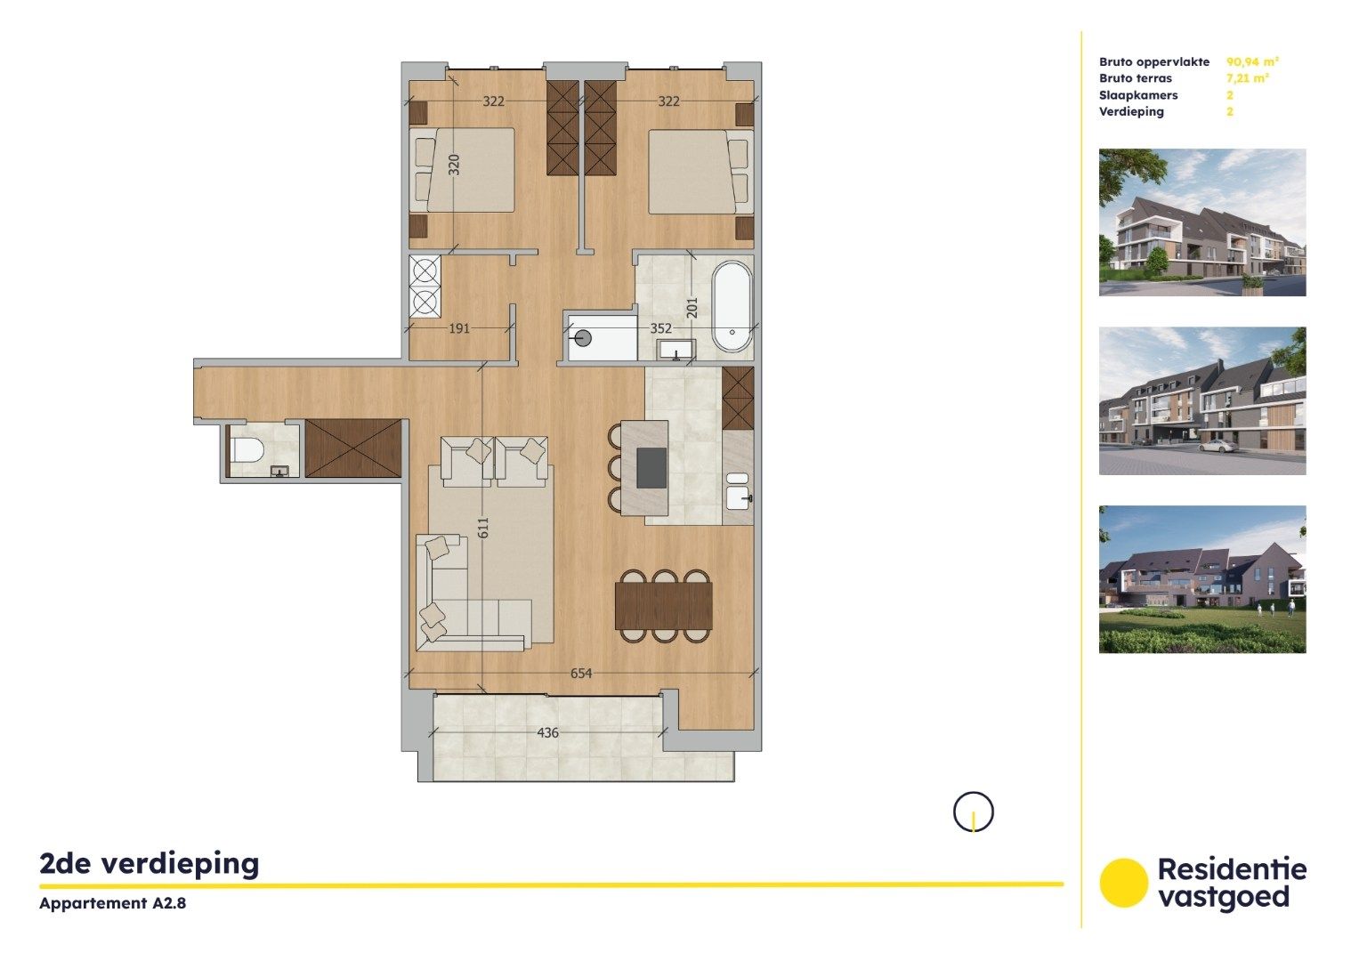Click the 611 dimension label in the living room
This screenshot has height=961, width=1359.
click(x=483, y=528)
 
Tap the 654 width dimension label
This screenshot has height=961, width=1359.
click(x=580, y=674)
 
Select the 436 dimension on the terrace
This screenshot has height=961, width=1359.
click(x=547, y=733)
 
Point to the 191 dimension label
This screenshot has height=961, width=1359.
click(x=458, y=328)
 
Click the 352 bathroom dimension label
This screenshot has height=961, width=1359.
click(x=660, y=328)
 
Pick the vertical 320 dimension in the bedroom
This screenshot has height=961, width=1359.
click(x=454, y=165)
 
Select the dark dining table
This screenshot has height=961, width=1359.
click(x=663, y=605)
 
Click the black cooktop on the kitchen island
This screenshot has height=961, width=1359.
click(x=651, y=468)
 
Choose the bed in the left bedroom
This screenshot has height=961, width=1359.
click(x=465, y=170)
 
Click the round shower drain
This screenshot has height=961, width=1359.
click(x=583, y=338)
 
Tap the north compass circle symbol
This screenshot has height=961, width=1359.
click(x=973, y=812)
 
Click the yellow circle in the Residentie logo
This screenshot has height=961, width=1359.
click(x=1123, y=883)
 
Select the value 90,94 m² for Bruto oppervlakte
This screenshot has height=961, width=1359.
click(x=1252, y=62)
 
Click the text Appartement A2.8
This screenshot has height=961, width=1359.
click(x=112, y=903)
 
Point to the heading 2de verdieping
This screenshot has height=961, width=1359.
click(x=150, y=863)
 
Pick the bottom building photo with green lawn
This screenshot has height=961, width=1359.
click(x=1201, y=579)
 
